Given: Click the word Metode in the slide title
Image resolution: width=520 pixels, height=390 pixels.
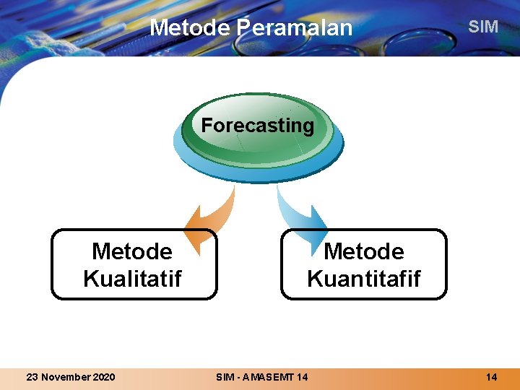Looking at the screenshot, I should click(x=189, y=27).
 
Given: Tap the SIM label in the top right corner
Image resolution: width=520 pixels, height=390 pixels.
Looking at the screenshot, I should click(x=483, y=27).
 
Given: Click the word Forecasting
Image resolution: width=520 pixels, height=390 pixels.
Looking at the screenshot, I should click(x=257, y=126).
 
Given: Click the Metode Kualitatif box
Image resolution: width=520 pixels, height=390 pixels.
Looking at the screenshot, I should click(x=134, y=264).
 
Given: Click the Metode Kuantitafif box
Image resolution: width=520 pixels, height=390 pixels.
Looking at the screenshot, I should click(x=363, y=264).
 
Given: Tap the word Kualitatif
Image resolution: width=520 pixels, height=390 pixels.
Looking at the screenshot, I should click(x=132, y=278).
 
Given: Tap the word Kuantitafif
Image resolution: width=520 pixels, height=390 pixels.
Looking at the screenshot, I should click(x=363, y=278).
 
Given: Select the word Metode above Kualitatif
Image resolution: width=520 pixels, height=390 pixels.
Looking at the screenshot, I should click(x=132, y=251).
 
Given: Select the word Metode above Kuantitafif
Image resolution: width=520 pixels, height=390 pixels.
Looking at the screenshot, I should click(x=364, y=251).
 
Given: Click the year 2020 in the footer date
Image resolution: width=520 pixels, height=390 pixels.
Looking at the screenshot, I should click(x=103, y=377).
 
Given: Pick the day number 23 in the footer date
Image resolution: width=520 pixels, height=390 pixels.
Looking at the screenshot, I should click(x=32, y=377).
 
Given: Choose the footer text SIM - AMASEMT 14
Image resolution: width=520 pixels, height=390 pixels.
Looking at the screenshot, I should click(x=261, y=377).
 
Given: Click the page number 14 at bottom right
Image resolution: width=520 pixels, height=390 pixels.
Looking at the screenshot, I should click(x=491, y=377).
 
